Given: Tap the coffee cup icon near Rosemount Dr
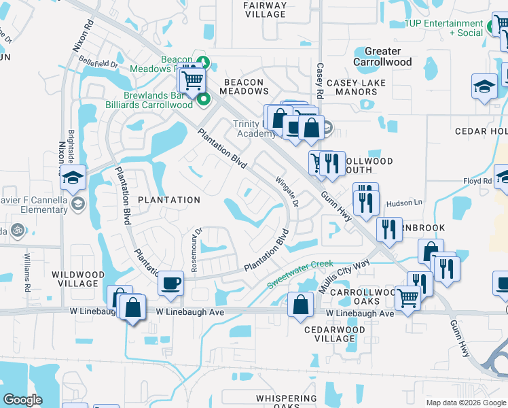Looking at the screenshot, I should (x=170, y=282).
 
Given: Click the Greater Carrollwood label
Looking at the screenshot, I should (x=383, y=56).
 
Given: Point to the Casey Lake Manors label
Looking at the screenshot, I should (x=356, y=87).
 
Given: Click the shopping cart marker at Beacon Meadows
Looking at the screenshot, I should (x=193, y=80).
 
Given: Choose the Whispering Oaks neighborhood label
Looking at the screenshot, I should (x=287, y=403).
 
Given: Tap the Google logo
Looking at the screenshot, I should (x=22, y=399).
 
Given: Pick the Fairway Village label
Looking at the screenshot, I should (x=264, y=10).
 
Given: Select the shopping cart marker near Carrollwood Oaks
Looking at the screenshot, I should (x=407, y=297).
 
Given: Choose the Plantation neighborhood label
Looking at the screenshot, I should (x=169, y=200).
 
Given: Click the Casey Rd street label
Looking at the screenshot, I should (x=319, y=80).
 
